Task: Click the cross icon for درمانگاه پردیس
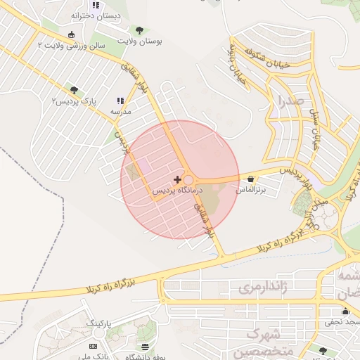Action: coord(176,180)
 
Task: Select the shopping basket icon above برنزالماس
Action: coord(252,179)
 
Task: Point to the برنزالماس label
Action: coord(251,190)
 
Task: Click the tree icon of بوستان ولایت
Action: coord(139,30)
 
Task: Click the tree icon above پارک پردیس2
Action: coord(74,90)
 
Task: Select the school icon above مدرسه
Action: coord(120,101)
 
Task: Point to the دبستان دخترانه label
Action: coord(96,15)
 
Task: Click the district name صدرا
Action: coord(290,101)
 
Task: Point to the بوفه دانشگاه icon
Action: coord(146,347)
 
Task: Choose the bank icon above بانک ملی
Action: coord(94,347)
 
